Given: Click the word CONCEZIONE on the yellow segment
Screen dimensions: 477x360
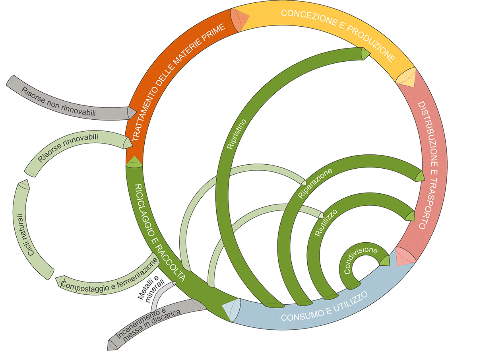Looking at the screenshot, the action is click(308, 17).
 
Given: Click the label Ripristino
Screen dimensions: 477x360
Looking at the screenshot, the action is click(237, 134).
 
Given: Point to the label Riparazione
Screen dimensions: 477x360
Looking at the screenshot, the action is click(315, 183).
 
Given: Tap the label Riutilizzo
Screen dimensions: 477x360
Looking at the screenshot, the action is click(326, 222).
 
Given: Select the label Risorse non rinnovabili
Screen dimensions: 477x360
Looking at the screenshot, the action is click(58, 101).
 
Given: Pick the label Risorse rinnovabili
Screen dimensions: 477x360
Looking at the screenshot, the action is click(68, 148).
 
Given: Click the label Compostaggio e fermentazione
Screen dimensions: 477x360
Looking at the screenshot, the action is click(109, 274).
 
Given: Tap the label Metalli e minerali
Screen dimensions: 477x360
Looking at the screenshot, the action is click(151, 288).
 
